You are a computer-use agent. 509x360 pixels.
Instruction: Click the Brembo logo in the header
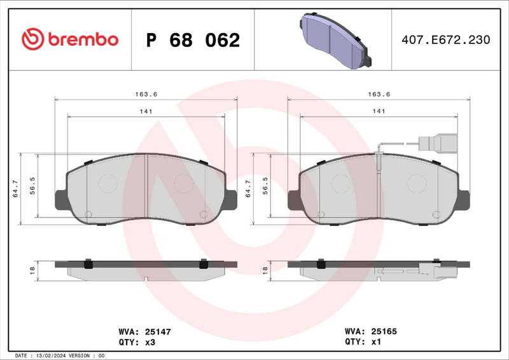(x=70, y=39)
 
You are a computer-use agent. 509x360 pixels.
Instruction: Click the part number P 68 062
(x=193, y=40)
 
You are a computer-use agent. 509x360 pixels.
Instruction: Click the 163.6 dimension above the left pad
(x=146, y=94)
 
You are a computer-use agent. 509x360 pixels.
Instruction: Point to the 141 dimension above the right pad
(x=379, y=111)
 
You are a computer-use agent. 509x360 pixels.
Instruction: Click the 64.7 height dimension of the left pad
(x=15, y=189)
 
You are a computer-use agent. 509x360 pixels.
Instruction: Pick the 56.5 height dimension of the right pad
(x=265, y=189)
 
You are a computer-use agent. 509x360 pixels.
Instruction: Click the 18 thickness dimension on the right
(x=265, y=270)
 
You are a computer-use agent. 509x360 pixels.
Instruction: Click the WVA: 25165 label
(x=370, y=331)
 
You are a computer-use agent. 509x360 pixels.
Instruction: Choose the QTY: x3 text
(x=136, y=342)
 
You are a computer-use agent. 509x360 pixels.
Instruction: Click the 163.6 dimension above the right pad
(x=379, y=94)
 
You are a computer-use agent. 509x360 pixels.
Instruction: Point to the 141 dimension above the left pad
(x=146, y=111)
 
